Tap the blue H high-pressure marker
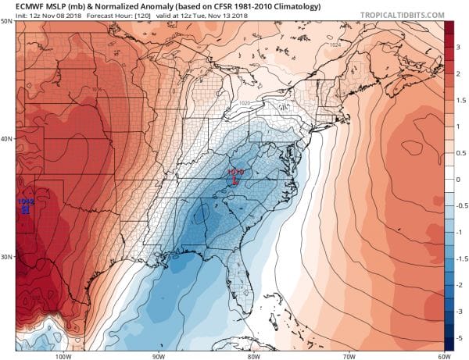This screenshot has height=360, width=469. [x=26, y=209]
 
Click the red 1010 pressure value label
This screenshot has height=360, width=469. [x=236, y=171]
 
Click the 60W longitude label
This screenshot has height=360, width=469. [x=442, y=355]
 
